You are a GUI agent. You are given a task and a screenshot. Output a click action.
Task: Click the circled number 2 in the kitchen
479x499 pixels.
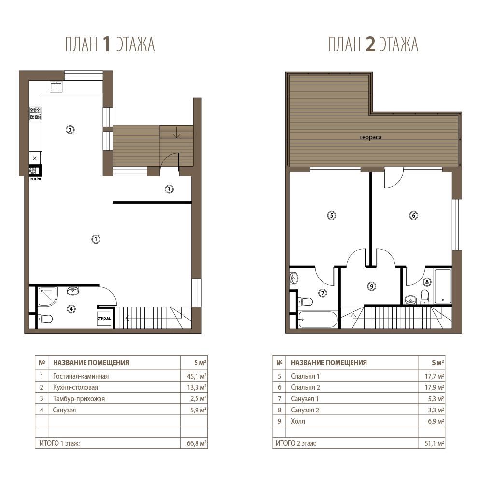(x=70, y=130)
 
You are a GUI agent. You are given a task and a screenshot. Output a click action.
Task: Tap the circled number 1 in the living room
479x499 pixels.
(x=96, y=239)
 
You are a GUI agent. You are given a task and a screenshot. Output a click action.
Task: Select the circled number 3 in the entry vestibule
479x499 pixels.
(x=169, y=189)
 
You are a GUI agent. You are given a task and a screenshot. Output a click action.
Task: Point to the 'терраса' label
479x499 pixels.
(x=370, y=137)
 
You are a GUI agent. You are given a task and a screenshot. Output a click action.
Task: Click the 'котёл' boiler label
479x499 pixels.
(x=36, y=179)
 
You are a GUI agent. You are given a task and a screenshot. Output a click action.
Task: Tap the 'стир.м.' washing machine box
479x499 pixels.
(x=104, y=318)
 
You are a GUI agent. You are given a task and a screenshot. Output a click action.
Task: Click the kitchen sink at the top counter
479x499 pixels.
(x=56, y=86)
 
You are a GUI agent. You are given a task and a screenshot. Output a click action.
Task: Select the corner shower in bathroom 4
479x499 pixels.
(x=48, y=296)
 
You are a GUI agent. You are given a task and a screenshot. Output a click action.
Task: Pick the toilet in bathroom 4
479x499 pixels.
(x=45, y=318)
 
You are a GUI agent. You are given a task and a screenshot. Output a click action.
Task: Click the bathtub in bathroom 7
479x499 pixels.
(x=318, y=319)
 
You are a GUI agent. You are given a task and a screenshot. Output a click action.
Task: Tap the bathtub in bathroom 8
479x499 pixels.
(x=442, y=286)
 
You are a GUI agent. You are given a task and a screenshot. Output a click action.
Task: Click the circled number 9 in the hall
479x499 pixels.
(x=372, y=286)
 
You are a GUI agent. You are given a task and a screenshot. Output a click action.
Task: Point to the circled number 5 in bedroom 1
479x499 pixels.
(x=332, y=216)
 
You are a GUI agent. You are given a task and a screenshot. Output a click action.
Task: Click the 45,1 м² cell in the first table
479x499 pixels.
(x=197, y=376)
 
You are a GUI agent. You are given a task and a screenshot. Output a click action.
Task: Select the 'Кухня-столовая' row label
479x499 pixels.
(x=75, y=388)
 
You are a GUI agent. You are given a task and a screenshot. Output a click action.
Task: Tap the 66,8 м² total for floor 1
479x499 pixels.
(x=197, y=443)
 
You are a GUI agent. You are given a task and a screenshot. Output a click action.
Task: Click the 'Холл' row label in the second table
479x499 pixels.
(x=298, y=421)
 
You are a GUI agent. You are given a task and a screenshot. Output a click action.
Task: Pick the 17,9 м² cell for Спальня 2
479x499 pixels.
(x=434, y=388)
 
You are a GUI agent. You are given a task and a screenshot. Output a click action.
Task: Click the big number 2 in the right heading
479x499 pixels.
(x=370, y=44)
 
